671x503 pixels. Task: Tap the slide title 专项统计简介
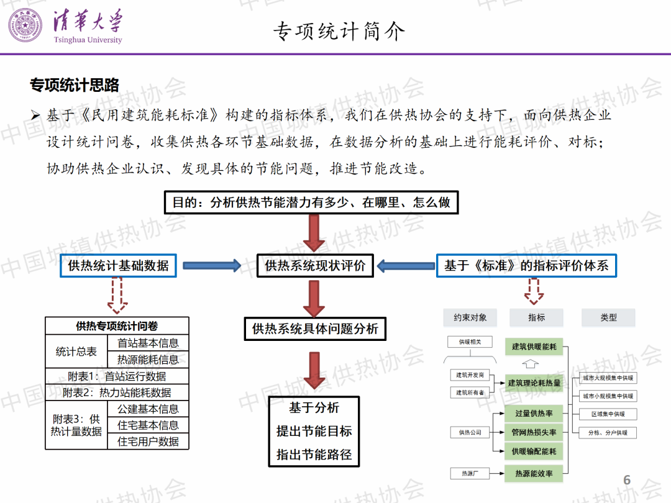click(x=339, y=30)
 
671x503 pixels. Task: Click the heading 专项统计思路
click(x=75, y=85)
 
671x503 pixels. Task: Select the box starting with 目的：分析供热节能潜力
click(x=311, y=202)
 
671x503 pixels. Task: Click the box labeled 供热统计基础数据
click(x=118, y=266)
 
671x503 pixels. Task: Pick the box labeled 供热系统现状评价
click(x=315, y=266)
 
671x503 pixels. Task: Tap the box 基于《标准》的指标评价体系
click(x=526, y=266)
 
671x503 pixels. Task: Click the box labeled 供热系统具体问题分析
click(x=315, y=329)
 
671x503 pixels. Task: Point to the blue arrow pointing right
click(x=212, y=266)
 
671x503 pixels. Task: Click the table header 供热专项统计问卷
click(x=117, y=326)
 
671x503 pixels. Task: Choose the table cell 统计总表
click(x=76, y=351)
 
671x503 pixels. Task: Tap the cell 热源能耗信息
click(x=148, y=360)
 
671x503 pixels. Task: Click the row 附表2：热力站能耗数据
click(x=117, y=392)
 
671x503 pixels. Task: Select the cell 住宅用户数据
click(x=148, y=442)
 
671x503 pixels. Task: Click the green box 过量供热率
click(x=534, y=414)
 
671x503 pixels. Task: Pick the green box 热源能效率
click(x=534, y=474)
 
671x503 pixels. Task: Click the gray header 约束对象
click(x=470, y=317)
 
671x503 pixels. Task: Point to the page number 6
click(x=627, y=480)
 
